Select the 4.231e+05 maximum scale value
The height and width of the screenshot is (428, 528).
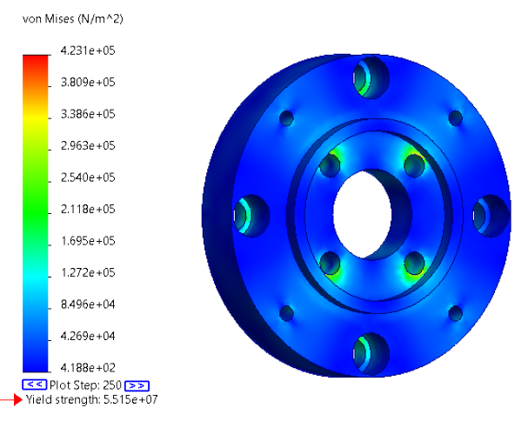point(88,51)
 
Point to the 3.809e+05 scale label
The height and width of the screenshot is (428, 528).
point(88,83)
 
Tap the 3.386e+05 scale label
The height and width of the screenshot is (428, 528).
point(88,114)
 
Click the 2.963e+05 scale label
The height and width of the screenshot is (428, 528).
point(88,146)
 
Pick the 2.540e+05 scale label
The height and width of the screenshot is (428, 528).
point(88,177)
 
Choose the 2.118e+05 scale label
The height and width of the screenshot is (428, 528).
point(88,209)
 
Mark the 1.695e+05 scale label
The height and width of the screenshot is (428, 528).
point(88,241)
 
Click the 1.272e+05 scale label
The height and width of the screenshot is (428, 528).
point(88,272)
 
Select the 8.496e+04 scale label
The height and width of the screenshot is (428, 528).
point(88,304)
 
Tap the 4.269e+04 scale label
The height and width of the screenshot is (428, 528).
point(88,336)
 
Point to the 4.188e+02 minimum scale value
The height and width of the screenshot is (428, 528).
point(88,367)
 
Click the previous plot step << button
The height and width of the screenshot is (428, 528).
point(34,385)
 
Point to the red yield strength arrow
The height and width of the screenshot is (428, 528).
point(11,399)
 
